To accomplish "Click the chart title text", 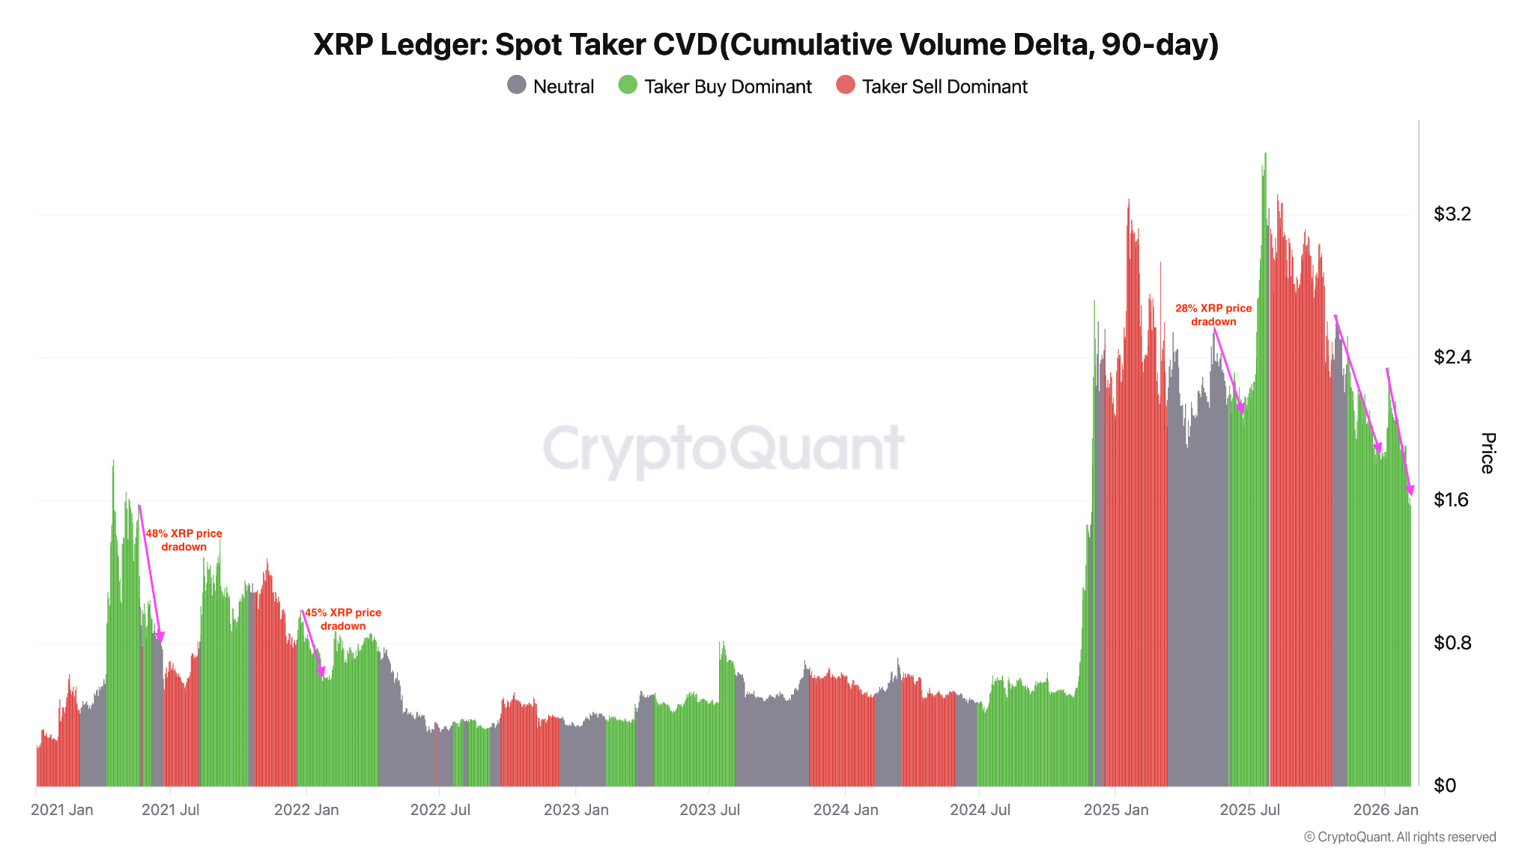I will [x=766, y=45].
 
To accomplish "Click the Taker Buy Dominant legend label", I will [x=727, y=87].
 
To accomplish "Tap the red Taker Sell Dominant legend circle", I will [x=845, y=85].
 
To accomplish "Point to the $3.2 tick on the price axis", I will [x=1452, y=214].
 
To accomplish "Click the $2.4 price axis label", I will [x=1452, y=357].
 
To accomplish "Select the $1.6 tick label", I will [x=1452, y=500].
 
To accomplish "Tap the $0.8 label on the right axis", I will [x=1452, y=643].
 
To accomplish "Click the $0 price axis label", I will [x=1444, y=785].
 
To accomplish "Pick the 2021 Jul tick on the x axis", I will [x=170, y=810].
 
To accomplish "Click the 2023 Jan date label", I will [x=575, y=810].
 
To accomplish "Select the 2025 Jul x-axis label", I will [x=1249, y=810].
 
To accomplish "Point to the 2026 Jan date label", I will [x=1385, y=810].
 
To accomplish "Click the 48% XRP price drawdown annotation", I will [x=184, y=540].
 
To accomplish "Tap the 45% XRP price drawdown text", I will [x=342, y=619].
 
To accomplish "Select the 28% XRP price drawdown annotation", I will [x=1213, y=315].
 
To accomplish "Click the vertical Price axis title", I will [x=1488, y=453].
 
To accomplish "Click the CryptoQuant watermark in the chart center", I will [x=723, y=449].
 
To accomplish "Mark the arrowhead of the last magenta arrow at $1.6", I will [x=1410, y=490].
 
